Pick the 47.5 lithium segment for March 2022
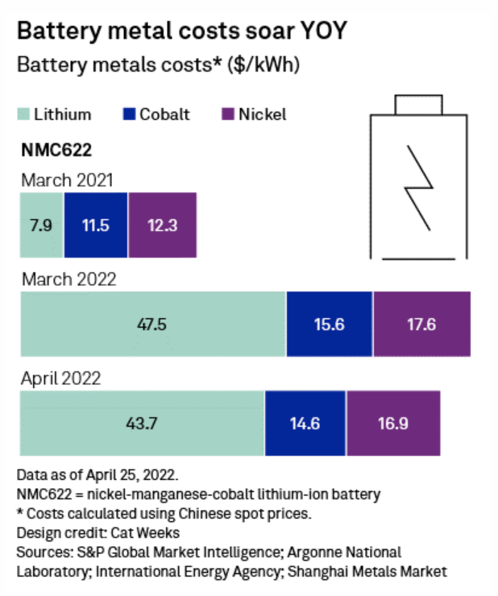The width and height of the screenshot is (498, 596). click(x=153, y=323)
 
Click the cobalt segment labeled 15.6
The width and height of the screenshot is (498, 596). click(x=330, y=323)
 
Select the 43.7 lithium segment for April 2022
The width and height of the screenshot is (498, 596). click(x=142, y=423)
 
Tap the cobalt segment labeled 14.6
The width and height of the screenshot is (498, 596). click(x=305, y=423)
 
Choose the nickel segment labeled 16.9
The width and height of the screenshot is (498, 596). click(x=393, y=423)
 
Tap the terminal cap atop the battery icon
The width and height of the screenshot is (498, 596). click(x=417, y=105)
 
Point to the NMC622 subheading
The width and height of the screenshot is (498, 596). click(x=55, y=149)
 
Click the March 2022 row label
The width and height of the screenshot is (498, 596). click(x=68, y=279)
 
